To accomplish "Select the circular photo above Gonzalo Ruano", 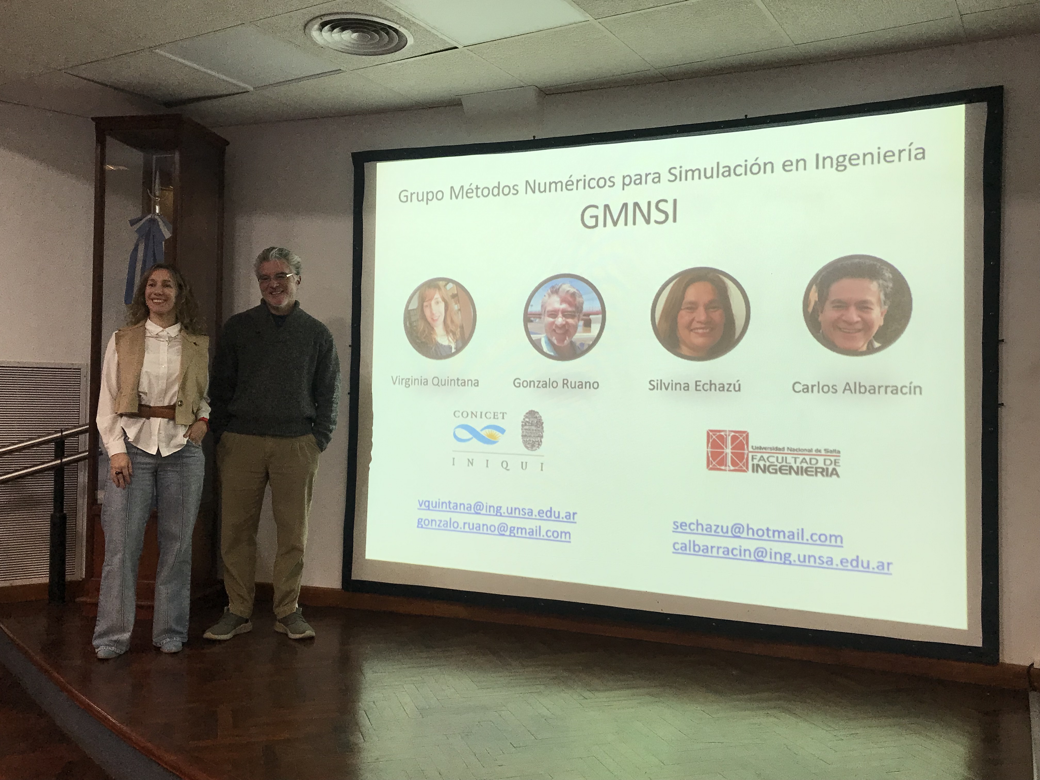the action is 564,317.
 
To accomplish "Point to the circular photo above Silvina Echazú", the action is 700,314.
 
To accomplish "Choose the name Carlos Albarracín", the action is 857,388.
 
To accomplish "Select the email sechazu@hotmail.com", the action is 758,537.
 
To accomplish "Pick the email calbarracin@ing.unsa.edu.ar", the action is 782,561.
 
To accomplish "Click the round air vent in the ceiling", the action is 359,33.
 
